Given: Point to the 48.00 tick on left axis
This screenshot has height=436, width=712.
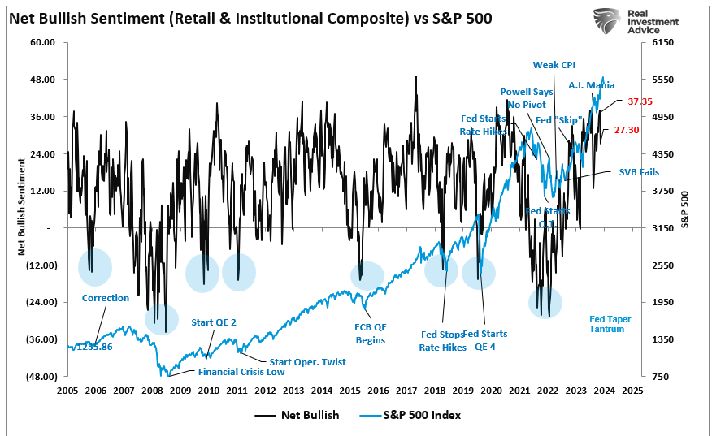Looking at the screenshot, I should point(42,80).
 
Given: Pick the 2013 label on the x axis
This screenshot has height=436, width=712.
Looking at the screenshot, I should point(293,390).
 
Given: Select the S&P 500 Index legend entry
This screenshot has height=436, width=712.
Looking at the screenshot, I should point(423,415).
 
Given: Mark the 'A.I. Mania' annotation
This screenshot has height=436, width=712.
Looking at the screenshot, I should point(591,85).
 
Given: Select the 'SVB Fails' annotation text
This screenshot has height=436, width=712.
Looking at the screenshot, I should point(639,172).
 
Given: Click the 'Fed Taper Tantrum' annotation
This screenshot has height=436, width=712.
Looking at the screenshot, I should point(607,324).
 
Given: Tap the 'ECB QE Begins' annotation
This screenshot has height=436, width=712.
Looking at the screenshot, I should point(370,334).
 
